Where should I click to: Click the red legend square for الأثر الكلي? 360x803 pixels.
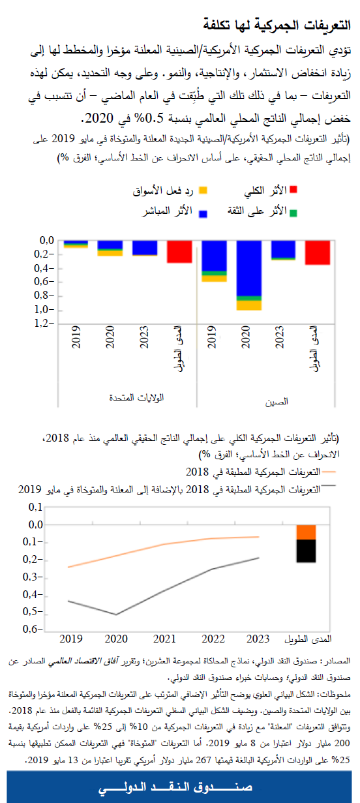[293, 190]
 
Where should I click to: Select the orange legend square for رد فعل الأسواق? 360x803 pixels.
[203, 190]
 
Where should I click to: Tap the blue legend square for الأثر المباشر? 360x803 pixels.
[203, 212]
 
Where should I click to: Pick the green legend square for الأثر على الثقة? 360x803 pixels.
[293, 213]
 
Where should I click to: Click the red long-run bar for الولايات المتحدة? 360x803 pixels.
[179, 252]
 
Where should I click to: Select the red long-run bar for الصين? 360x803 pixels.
[318, 252]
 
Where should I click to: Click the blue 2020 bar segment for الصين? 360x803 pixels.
[248, 268]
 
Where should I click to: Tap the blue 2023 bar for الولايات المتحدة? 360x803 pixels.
[145, 247]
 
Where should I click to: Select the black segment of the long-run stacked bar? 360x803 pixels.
[307, 551]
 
